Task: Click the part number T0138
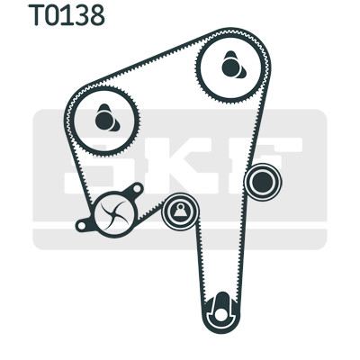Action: pos(67,15)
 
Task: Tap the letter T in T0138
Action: pos(36,15)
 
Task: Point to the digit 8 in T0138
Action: pos(97,15)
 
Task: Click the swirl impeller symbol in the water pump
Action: pos(115,214)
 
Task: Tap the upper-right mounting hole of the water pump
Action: pos(137,189)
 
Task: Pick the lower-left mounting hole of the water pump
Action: pos(81,226)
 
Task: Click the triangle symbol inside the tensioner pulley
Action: pos(180,211)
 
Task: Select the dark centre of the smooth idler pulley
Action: pos(263,182)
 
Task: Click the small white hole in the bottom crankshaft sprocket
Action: pos(222,314)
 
